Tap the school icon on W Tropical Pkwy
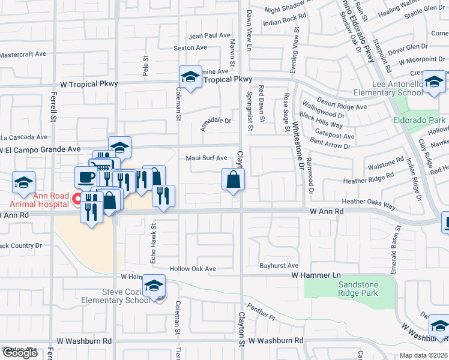[x=190, y=77]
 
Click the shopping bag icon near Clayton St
[x=234, y=179]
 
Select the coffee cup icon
[x=86, y=177]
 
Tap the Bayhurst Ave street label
[x=279, y=265]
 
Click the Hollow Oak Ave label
[x=193, y=269]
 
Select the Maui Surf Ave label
[x=206, y=158]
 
